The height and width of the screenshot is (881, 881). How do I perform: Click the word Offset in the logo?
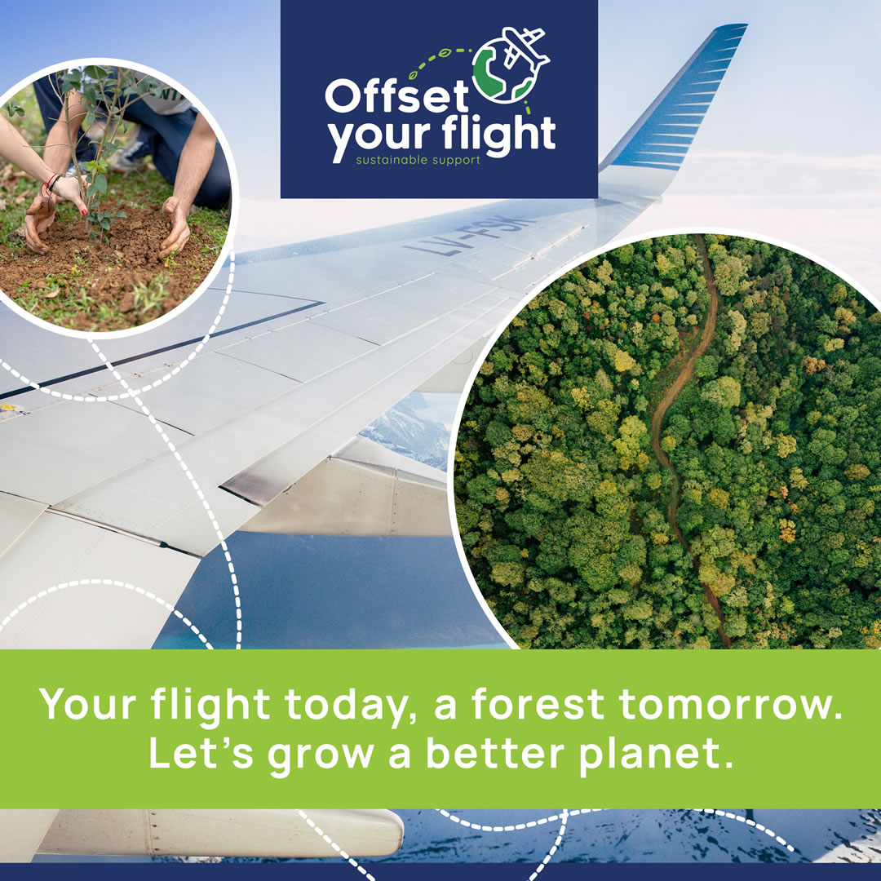pos(396,95)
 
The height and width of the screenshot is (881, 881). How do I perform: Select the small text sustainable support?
pos(418,160)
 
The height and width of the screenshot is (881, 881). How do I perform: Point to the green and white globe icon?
pos(503,71)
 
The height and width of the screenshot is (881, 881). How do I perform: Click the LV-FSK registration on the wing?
pos(467,236)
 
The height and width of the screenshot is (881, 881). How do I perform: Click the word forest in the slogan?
pos(538,703)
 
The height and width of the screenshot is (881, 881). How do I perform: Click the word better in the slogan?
pos(495,753)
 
